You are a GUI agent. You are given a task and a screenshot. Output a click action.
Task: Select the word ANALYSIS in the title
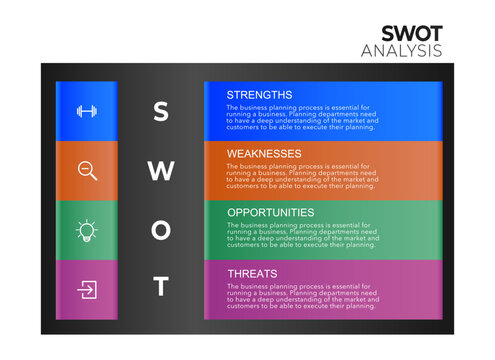(401, 51)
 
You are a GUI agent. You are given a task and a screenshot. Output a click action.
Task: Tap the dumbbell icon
(87, 111)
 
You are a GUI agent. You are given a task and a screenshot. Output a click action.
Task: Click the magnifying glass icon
(87, 171)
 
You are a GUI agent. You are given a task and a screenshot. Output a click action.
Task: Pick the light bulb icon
(87, 231)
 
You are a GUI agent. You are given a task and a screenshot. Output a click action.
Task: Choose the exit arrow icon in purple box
(87, 290)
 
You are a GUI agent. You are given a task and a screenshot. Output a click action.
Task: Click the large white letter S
(160, 111)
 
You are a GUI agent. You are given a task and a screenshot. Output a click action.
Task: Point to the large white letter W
(160, 171)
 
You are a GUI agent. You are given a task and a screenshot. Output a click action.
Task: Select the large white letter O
(160, 230)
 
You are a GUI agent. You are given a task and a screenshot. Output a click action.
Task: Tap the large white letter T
(160, 287)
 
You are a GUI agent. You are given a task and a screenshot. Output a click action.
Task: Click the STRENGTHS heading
(259, 95)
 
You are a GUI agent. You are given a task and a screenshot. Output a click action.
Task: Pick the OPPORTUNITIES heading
(270, 212)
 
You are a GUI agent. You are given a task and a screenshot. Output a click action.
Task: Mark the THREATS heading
(252, 271)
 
